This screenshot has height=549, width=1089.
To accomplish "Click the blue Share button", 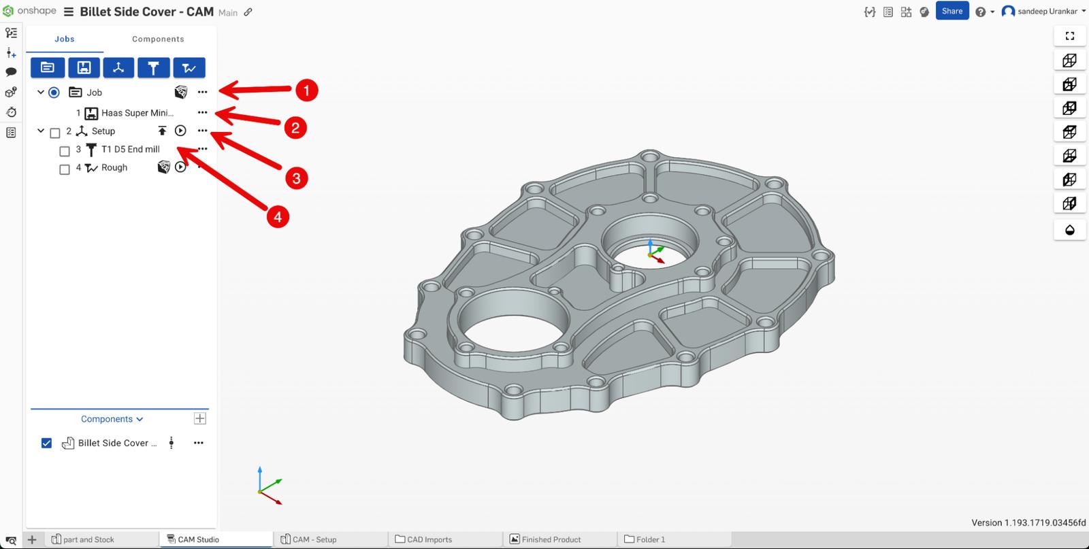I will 952,11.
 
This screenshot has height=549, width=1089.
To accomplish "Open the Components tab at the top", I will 158,39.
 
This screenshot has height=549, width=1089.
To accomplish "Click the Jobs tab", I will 65,39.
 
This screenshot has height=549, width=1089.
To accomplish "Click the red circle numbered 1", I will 306,90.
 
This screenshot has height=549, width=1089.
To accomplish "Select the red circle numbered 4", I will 277,217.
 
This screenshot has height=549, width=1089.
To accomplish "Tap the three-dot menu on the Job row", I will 202,92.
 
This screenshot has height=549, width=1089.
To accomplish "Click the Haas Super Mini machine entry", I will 137,113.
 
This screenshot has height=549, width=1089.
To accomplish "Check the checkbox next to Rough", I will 65,169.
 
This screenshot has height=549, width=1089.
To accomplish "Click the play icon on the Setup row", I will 180,131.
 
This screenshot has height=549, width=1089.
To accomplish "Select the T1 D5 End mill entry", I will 130,149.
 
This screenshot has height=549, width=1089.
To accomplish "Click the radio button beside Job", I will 54,93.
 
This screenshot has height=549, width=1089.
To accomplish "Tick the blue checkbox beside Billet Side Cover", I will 46,443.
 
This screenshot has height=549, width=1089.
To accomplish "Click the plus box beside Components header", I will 200,418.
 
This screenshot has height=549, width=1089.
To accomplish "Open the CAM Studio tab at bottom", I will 197,539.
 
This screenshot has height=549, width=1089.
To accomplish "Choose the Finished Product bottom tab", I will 551,539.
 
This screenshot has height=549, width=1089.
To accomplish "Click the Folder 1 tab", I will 650,539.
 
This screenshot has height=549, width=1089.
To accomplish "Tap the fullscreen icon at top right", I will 1069,36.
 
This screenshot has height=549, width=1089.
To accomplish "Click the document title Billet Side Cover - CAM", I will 146,12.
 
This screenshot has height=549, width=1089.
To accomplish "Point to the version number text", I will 1028,522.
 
